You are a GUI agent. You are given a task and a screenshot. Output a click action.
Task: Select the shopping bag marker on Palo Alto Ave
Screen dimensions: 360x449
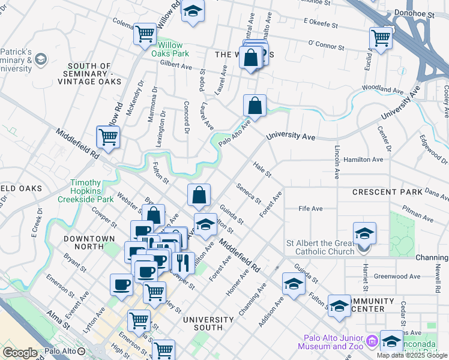(255, 106)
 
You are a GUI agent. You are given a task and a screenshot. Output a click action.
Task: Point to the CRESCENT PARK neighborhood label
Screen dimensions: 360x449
(383, 193)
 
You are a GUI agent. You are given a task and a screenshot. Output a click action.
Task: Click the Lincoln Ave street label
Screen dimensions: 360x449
(337, 162)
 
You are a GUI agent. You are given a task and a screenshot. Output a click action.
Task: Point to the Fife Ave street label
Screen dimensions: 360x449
(311, 208)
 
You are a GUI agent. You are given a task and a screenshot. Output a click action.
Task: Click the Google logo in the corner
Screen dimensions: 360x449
(20, 352)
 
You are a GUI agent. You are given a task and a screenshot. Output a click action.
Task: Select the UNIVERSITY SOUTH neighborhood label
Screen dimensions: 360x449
(212, 323)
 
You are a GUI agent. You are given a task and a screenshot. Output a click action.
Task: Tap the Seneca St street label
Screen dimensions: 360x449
(249, 193)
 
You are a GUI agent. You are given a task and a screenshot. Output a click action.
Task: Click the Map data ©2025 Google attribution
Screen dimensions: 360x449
(412, 355)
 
